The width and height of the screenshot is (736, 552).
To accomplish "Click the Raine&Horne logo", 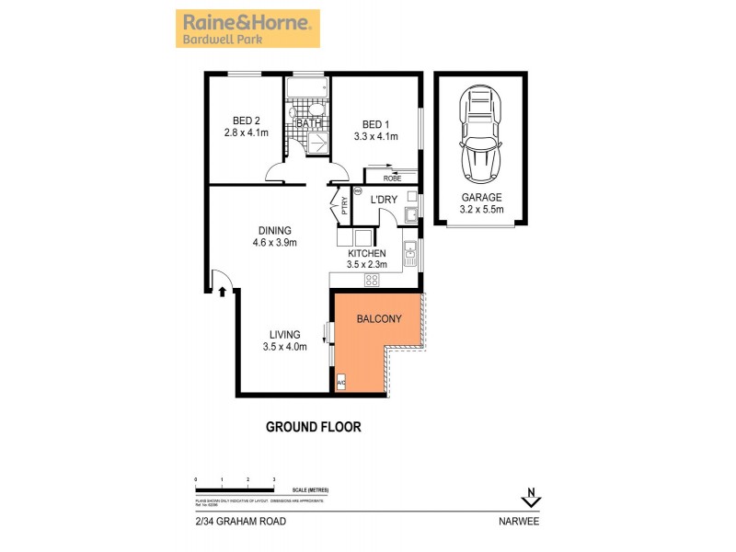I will click(247, 29).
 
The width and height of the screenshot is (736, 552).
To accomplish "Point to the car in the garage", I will click(480, 133).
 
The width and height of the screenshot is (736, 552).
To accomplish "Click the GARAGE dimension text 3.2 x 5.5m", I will click(481, 210).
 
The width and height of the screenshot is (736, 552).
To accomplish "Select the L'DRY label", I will click(383, 200).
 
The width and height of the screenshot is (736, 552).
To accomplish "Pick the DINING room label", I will click(274, 231).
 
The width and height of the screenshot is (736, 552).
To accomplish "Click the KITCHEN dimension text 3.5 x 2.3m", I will click(373, 265).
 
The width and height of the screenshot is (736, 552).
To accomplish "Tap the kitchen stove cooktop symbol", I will click(373, 280).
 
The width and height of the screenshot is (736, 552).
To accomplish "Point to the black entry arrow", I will click(223, 292).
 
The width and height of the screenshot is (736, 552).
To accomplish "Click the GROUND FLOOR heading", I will click(313, 427).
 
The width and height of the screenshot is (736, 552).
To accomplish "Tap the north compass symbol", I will click(530, 498).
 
